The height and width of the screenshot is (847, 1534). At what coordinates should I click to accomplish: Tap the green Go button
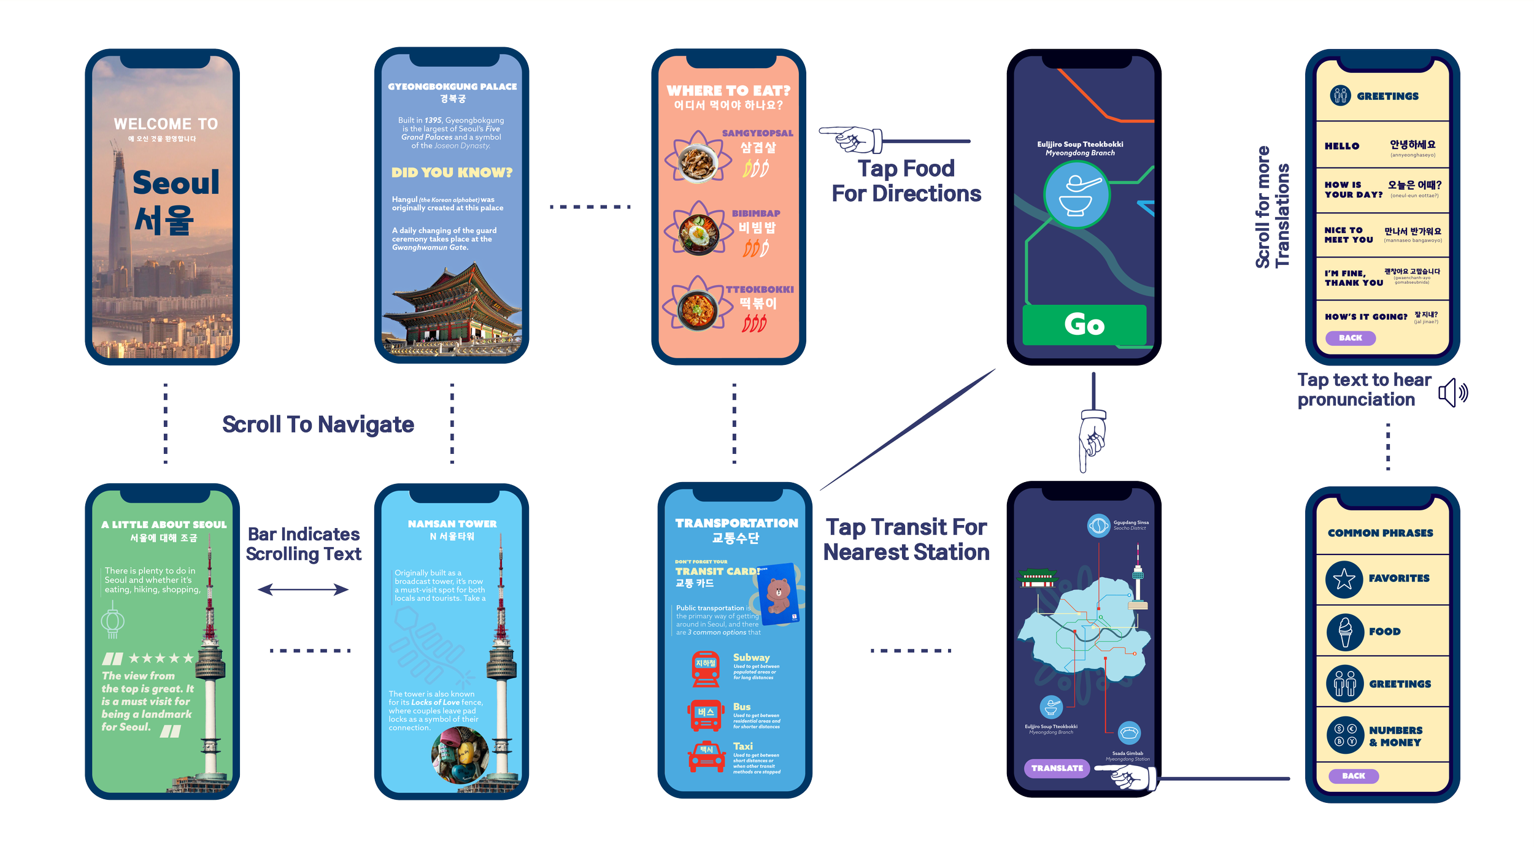pos(1084,324)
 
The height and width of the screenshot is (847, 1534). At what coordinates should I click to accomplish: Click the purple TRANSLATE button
pos(1057,768)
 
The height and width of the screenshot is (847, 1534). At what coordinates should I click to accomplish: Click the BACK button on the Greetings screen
pos(1350,338)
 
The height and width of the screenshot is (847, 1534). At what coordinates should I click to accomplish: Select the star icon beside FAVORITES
pos(1344,579)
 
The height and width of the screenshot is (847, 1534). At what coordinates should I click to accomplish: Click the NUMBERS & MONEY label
pos(1395,736)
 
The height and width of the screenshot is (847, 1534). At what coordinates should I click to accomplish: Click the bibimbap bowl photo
pos(699,233)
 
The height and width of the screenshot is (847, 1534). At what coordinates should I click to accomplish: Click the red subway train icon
pos(706,669)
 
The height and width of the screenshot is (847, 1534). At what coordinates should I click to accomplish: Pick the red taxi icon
pos(706,756)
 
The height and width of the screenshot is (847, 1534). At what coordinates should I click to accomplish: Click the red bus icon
pos(706,715)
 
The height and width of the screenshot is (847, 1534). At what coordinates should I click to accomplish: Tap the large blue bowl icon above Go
pos(1076,196)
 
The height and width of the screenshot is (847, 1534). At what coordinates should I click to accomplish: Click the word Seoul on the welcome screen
pos(175,183)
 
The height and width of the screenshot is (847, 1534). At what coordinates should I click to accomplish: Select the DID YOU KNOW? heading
pos(452,173)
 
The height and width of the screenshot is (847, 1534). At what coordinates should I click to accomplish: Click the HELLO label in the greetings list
pos(1341,146)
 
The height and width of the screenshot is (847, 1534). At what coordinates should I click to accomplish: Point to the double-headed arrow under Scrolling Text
pos(303,589)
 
